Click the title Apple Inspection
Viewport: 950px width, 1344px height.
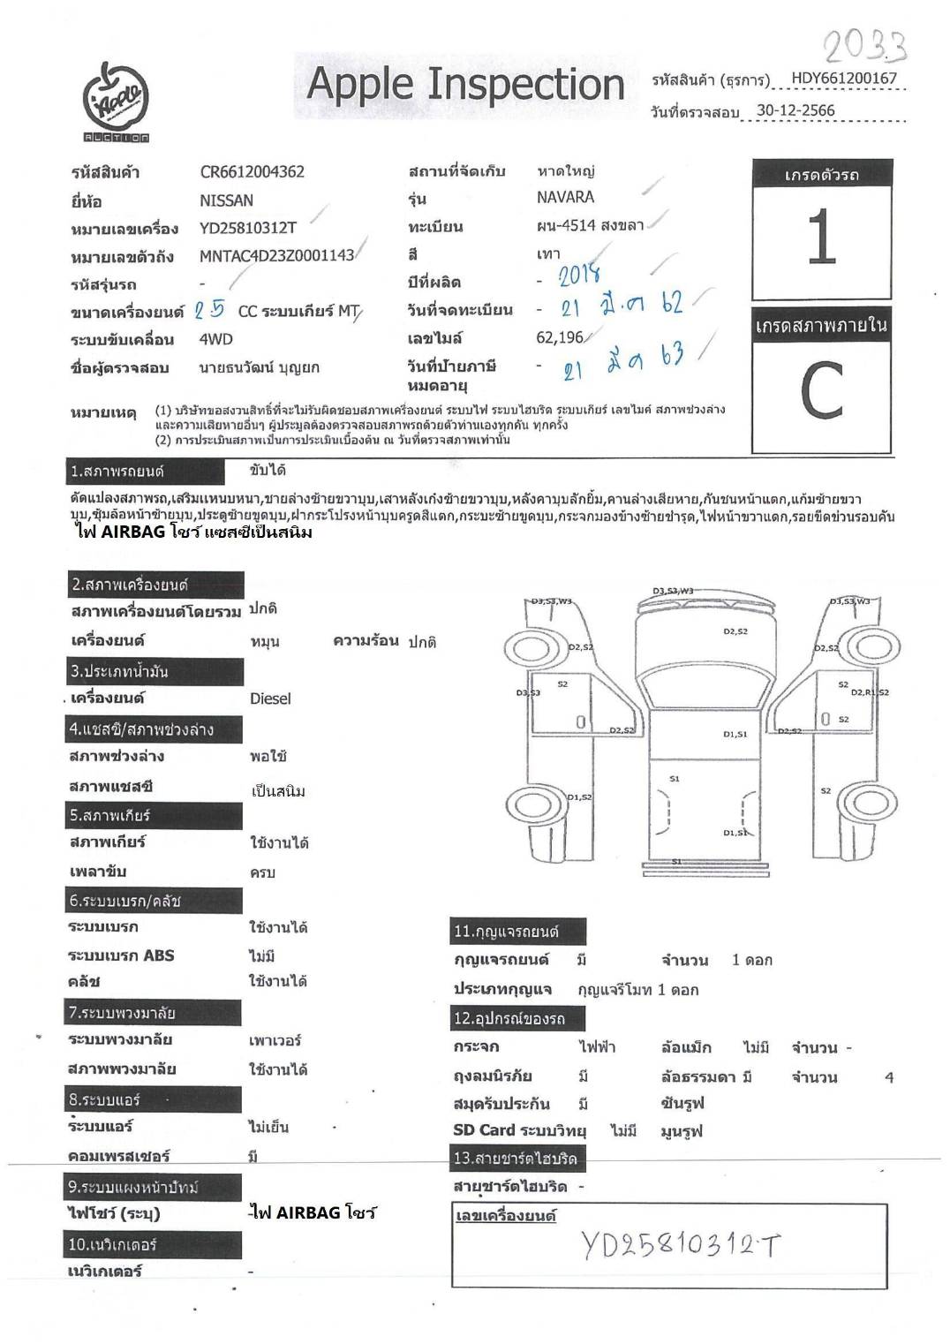(464, 85)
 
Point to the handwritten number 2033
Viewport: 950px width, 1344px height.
(864, 43)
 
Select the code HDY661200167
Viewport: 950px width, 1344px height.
(843, 78)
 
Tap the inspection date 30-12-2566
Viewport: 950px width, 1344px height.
(795, 110)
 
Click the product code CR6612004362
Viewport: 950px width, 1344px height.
(252, 172)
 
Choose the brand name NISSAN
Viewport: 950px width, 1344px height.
(226, 200)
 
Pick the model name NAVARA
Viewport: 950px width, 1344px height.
(565, 197)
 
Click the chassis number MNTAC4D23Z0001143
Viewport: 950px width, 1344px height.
(276, 256)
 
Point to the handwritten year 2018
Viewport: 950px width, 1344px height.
(580, 276)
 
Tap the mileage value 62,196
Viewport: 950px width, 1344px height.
(560, 337)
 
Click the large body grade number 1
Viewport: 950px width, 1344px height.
(822, 237)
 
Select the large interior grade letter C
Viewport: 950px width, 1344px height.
(821, 391)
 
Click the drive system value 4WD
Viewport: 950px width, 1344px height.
(216, 339)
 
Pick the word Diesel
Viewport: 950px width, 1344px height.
(270, 698)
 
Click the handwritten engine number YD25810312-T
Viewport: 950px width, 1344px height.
(681, 1246)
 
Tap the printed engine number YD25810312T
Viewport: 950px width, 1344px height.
(247, 228)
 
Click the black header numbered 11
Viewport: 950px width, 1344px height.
(517, 931)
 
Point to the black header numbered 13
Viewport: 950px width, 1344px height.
(516, 1158)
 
